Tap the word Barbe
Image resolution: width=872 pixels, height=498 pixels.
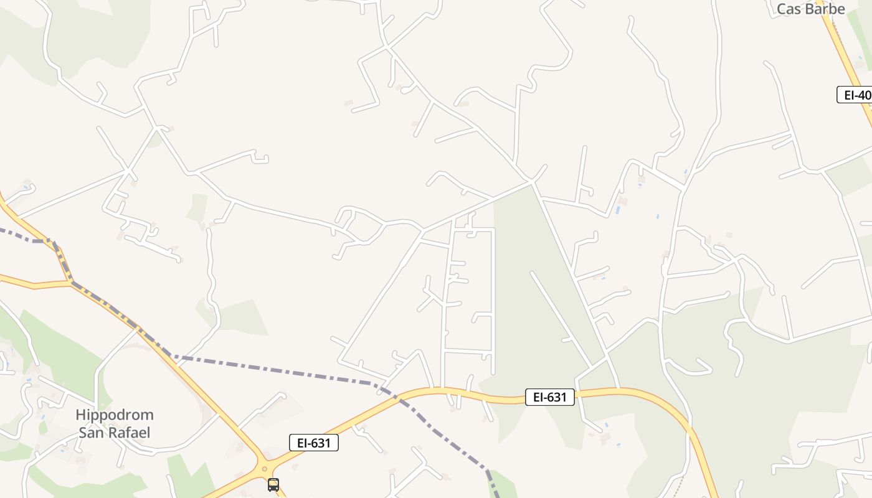[824, 9]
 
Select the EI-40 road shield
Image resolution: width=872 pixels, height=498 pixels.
[855, 95]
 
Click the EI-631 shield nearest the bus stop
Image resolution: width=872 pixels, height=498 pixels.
[314, 443]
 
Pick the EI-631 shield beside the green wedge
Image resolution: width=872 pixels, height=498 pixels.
[549, 397]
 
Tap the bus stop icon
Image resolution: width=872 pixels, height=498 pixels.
[273, 484]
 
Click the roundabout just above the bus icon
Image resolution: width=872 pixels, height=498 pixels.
[265, 469]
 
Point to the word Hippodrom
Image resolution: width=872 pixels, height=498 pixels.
[115, 415]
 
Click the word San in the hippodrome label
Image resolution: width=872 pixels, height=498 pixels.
[91, 432]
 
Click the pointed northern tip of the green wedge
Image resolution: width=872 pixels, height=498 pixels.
[531, 184]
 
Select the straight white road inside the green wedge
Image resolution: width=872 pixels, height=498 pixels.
[561, 321]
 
